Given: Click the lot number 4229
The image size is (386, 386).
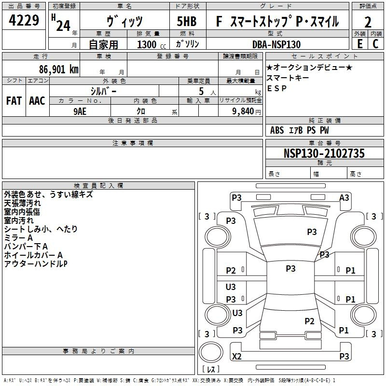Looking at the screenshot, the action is tap(24, 20).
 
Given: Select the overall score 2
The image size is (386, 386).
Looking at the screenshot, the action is tap(368, 22).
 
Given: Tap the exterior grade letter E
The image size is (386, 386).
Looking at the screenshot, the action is tap(360, 44).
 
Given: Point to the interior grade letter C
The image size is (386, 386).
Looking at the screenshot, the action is tap(375, 44).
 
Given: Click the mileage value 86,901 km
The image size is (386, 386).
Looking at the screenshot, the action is tap(59, 69).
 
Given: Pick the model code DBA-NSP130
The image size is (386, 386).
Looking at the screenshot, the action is tap(276, 44).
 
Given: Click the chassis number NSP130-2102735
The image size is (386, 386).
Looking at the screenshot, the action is tap(324, 153).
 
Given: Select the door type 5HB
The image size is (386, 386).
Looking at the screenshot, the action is tap(187, 21).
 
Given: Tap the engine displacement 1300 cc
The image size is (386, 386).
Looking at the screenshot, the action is tap(152, 44).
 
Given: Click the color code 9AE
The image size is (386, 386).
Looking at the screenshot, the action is tap(80, 111).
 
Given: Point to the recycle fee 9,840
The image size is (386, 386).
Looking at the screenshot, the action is tap(243, 111).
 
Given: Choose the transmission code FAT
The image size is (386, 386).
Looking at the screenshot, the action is tap(14, 101).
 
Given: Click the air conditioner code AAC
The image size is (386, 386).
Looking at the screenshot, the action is tap(37, 101).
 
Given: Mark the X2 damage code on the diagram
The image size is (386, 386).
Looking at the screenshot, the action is tap(237, 356).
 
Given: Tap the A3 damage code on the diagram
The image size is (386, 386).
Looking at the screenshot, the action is tap(344, 198).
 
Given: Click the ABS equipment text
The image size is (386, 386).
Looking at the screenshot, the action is tap(277, 130).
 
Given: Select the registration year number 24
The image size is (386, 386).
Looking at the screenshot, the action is tap(63, 26).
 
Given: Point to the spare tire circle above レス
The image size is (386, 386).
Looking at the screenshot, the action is tap(211, 352).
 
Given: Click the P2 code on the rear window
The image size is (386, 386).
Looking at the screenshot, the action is tap(309, 321).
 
